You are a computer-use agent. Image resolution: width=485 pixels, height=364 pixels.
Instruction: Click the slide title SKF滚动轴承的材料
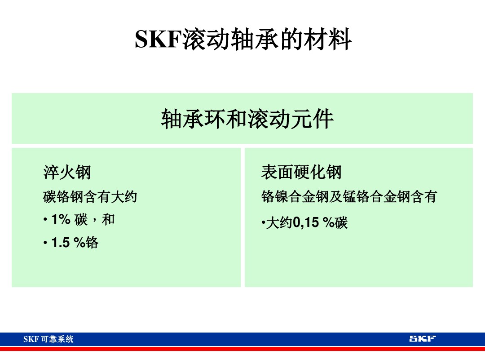pyautogui.click(x=243, y=40)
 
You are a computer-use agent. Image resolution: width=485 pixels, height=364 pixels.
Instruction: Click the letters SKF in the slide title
pyautogui.click(x=157, y=40)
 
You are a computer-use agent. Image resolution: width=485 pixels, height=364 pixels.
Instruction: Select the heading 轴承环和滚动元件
pyautogui.click(x=247, y=119)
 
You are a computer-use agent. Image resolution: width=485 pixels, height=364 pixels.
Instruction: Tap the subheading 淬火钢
pyautogui.click(x=67, y=172)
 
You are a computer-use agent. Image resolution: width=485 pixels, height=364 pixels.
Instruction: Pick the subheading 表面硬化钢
pyautogui.click(x=301, y=172)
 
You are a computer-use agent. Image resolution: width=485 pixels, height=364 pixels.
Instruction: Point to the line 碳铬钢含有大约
pyautogui.click(x=90, y=196)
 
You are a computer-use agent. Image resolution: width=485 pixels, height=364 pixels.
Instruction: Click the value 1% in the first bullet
pyautogui.click(x=61, y=219)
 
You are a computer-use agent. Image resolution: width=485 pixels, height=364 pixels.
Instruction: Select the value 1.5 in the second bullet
pyautogui.click(x=61, y=243)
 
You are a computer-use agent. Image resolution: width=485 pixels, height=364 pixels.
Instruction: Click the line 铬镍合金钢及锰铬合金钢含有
pyautogui.click(x=349, y=196)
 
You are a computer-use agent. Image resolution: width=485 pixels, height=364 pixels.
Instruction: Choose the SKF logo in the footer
pyautogui.click(x=422, y=338)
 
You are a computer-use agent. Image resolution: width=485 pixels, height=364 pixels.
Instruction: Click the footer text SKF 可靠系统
pyautogui.click(x=48, y=339)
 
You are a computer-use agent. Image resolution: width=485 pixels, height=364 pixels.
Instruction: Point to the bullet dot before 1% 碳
pyautogui.click(x=45, y=220)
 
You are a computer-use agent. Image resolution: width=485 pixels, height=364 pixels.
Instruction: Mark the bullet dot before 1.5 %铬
pyautogui.click(x=45, y=243)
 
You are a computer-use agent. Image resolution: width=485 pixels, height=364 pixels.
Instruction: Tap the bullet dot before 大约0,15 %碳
pyautogui.click(x=263, y=223)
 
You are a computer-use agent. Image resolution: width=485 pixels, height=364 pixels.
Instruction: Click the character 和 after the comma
pyautogui.click(x=108, y=219)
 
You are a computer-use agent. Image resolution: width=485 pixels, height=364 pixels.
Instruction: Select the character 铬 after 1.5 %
pyautogui.click(x=92, y=243)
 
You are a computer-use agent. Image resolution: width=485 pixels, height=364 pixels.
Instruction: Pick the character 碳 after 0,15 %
pyautogui.click(x=341, y=222)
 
